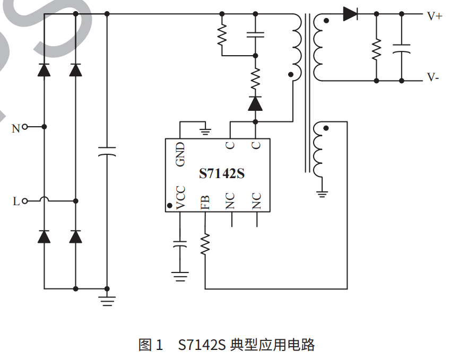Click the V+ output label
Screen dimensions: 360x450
(x=434, y=16)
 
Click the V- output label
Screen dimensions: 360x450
(x=433, y=78)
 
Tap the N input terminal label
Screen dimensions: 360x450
(x=16, y=128)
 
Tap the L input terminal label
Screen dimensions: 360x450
(x=16, y=201)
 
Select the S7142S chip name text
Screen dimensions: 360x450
(x=222, y=173)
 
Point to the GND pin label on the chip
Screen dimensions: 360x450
(x=180, y=154)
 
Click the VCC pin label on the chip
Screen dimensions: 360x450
(x=180, y=198)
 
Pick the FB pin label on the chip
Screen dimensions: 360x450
(x=205, y=202)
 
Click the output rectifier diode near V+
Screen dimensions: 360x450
(x=350, y=14)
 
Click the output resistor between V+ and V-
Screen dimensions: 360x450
(x=376, y=49)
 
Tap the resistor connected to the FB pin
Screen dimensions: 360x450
(x=205, y=245)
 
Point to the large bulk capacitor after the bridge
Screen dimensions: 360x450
(x=107, y=152)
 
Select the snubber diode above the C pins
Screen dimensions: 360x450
(x=255, y=103)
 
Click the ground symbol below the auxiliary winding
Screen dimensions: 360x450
(x=321, y=193)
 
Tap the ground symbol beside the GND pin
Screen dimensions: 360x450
(x=205, y=129)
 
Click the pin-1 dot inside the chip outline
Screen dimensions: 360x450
(x=169, y=205)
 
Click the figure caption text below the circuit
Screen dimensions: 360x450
(x=227, y=345)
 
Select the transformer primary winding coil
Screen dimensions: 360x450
(x=295, y=47)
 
